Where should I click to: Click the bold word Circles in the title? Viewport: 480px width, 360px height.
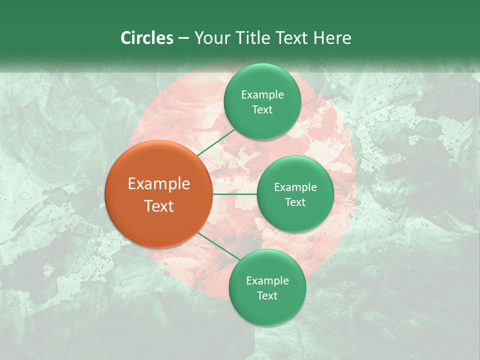[146, 38]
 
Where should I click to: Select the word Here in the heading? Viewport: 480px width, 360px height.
[332, 38]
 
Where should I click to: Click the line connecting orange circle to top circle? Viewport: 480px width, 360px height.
[216, 142]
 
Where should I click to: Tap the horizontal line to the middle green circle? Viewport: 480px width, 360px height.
[234, 194]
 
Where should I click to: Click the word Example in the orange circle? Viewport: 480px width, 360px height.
[159, 184]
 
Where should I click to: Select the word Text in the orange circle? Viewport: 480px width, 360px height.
[159, 206]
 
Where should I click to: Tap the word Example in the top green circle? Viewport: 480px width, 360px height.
[262, 95]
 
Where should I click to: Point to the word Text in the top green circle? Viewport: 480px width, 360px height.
[262, 110]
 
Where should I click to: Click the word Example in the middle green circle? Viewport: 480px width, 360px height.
[295, 187]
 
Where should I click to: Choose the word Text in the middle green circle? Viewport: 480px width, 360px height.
[295, 202]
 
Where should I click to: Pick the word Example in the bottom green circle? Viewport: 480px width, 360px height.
[267, 281]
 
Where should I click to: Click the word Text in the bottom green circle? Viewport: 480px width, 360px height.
[267, 296]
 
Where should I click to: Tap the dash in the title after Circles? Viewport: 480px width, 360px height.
[183, 38]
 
